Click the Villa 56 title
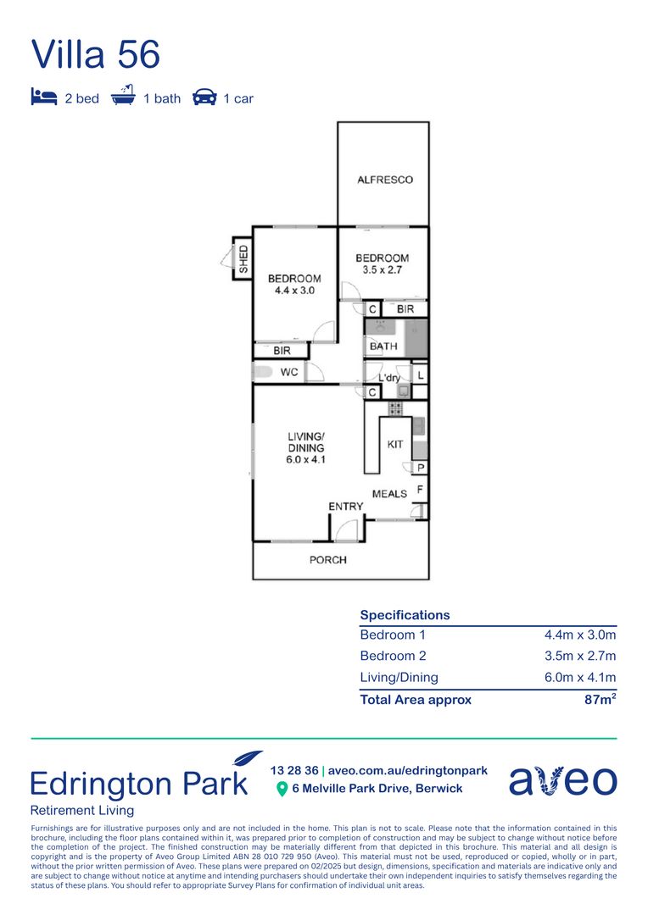click(96, 54)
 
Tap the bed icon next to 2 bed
click(43, 97)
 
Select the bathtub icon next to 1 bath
click(124, 97)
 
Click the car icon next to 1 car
click(204, 97)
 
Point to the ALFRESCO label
click(384, 180)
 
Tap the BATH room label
click(383, 347)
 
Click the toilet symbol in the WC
click(261, 371)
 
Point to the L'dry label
click(389, 378)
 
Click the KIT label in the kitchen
click(395, 445)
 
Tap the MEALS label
click(389, 494)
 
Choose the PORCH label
click(327, 560)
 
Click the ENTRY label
click(346, 507)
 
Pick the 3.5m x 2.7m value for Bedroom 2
click(579, 656)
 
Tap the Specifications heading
click(405, 615)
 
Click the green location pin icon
click(282, 790)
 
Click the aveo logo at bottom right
click(562, 781)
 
